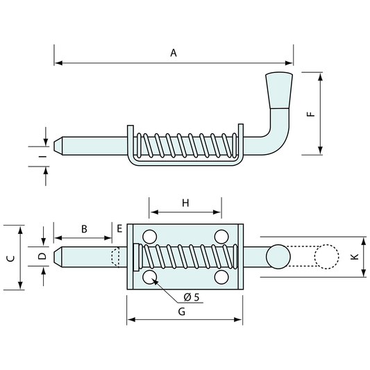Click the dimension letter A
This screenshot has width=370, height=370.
point(174,53)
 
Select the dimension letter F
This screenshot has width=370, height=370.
point(310,113)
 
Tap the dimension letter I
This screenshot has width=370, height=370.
point(42,158)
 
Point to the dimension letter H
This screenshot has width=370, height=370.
point(185,203)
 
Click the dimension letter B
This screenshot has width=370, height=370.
point(83,228)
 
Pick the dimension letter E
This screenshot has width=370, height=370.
point(119,228)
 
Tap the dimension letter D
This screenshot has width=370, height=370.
point(42,257)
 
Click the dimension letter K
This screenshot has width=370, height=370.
point(354,257)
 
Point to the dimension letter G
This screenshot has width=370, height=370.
point(182,312)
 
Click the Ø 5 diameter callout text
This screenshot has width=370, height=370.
point(192,297)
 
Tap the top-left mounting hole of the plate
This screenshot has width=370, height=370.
point(149,236)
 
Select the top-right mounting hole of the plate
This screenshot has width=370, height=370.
point(221,236)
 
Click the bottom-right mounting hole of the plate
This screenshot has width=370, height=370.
point(221,277)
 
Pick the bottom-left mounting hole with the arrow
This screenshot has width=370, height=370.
point(149,277)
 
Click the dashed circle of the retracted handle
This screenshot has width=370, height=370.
point(326,257)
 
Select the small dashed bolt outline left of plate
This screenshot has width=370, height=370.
point(115,257)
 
